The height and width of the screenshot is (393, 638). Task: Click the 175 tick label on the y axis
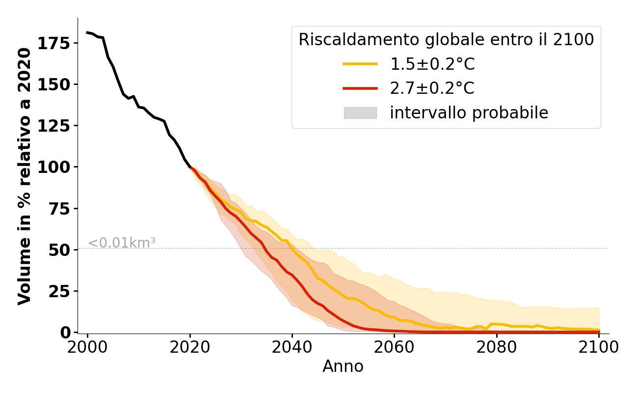(54, 43)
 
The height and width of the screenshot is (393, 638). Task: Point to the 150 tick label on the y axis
(54, 84)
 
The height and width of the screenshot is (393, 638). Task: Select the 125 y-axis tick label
(54, 125)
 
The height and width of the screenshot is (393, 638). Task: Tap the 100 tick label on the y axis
(54, 167)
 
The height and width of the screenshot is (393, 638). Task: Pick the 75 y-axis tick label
(60, 208)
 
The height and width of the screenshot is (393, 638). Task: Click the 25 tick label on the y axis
(60, 291)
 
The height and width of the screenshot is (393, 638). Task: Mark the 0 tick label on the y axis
(65, 333)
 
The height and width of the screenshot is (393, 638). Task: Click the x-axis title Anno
(343, 366)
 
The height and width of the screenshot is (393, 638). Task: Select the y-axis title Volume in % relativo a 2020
(25, 176)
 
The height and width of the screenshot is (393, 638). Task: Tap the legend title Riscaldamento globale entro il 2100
(446, 40)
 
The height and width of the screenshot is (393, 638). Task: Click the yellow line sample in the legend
(360, 64)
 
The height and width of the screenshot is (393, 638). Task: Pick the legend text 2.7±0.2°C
(432, 88)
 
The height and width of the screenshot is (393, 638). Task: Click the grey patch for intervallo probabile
(360, 113)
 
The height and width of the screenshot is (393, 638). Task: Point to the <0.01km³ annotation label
(122, 243)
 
